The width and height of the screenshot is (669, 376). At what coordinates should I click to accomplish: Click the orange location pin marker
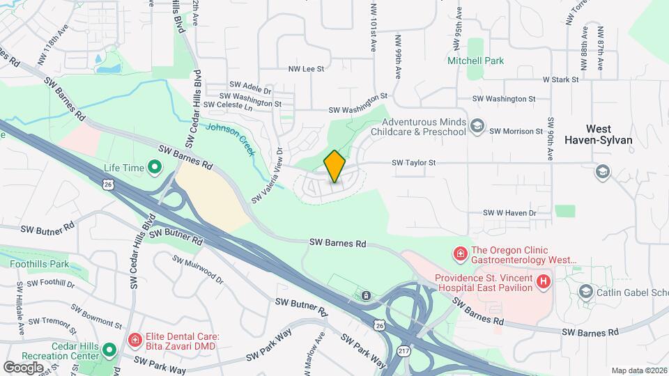click(x=334, y=166)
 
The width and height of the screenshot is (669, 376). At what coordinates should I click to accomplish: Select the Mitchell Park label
click(x=475, y=61)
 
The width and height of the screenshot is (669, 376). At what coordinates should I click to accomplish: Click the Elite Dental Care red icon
click(x=135, y=340)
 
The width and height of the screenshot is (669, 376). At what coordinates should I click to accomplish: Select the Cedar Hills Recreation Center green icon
click(x=109, y=350)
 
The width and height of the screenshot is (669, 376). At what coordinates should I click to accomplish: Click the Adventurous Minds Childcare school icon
click(x=477, y=126)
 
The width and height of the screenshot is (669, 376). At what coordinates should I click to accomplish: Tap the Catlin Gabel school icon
click(x=585, y=292)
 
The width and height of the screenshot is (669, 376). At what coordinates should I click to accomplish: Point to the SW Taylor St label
click(x=413, y=163)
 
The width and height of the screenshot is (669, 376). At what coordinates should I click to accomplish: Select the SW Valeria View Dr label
click(x=267, y=174)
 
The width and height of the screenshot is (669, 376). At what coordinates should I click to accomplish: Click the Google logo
click(x=23, y=367)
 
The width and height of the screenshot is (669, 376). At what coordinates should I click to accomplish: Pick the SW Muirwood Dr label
click(x=197, y=270)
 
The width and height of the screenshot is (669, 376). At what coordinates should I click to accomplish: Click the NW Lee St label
click(x=307, y=69)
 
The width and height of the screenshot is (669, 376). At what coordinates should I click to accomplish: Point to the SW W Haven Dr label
click(x=509, y=213)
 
